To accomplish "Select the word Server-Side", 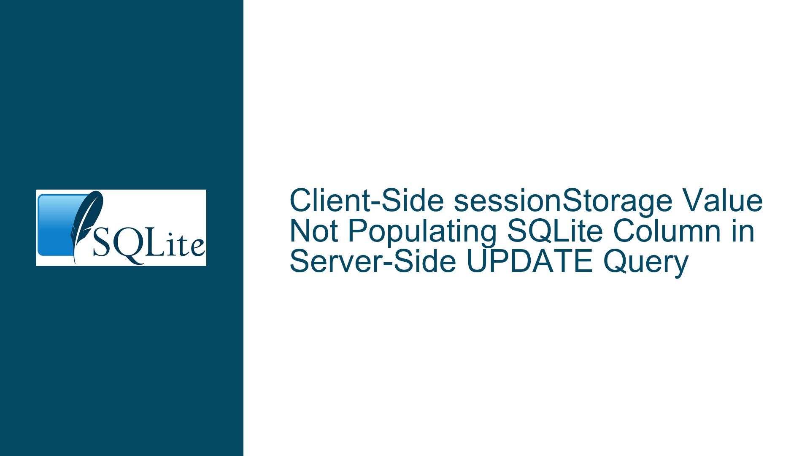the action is point(373,262).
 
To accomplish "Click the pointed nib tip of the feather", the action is point(75,263).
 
